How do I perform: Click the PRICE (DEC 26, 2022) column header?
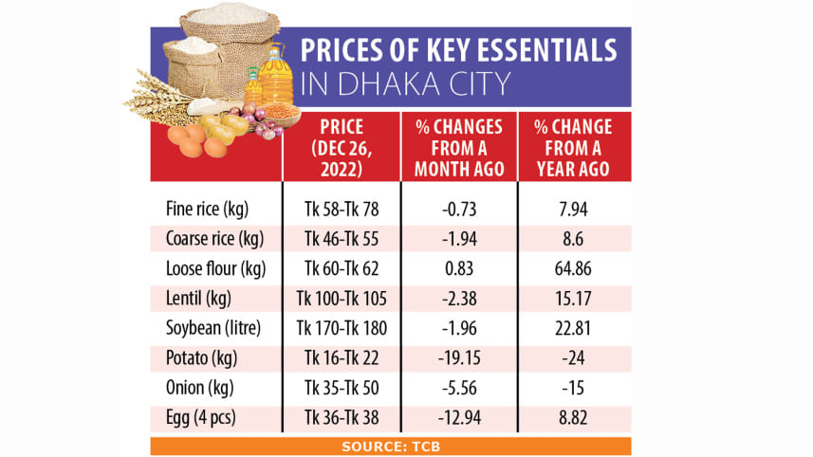point(342,148)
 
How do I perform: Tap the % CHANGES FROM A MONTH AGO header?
point(458,148)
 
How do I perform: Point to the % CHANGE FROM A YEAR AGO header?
point(574,148)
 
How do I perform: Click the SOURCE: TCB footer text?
point(390,446)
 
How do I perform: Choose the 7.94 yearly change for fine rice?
point(574,208)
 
